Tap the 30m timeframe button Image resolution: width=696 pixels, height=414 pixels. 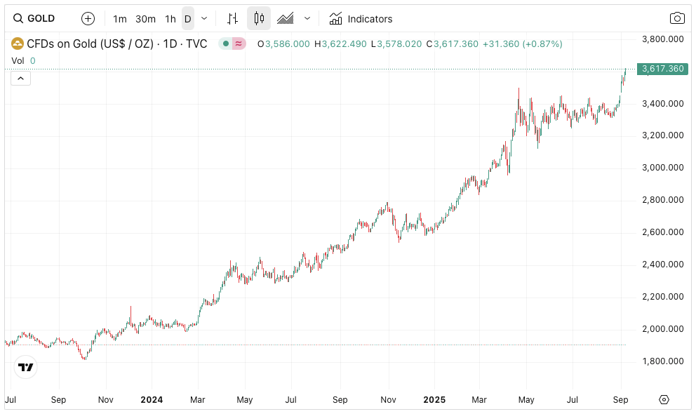tap(145, 19)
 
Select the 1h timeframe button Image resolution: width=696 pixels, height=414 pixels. tap(170, 19)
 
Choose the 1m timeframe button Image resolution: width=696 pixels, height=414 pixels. tap(120, 19)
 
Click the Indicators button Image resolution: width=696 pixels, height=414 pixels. tap(361, 19)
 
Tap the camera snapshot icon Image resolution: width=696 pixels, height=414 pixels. tap(677, 19)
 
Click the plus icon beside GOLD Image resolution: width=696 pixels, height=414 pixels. tap(88, 19)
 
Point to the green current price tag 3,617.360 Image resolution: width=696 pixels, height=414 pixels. tap(662, 69)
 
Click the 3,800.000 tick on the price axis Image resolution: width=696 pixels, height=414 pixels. tap(663, 39)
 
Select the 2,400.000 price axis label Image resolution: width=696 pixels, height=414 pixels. tap(663, 265)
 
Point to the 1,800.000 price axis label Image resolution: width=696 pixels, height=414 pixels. tap(663, 361)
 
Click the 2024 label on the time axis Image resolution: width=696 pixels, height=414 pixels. tap(152, 400)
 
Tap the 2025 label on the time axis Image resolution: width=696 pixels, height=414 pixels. tap(434, 400)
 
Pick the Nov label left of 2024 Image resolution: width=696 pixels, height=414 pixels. tap(105, 400)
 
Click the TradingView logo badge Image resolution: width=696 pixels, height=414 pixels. tap(26, 367)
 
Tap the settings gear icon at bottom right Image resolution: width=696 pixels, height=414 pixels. tap(664, 400)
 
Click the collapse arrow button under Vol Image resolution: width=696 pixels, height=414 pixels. tap(20, 78)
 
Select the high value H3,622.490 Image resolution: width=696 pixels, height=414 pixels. tap(340, 44)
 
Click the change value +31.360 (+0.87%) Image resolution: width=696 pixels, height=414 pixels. tap(522, 44)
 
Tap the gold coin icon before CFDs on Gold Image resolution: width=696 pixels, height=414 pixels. tap(17, 44)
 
